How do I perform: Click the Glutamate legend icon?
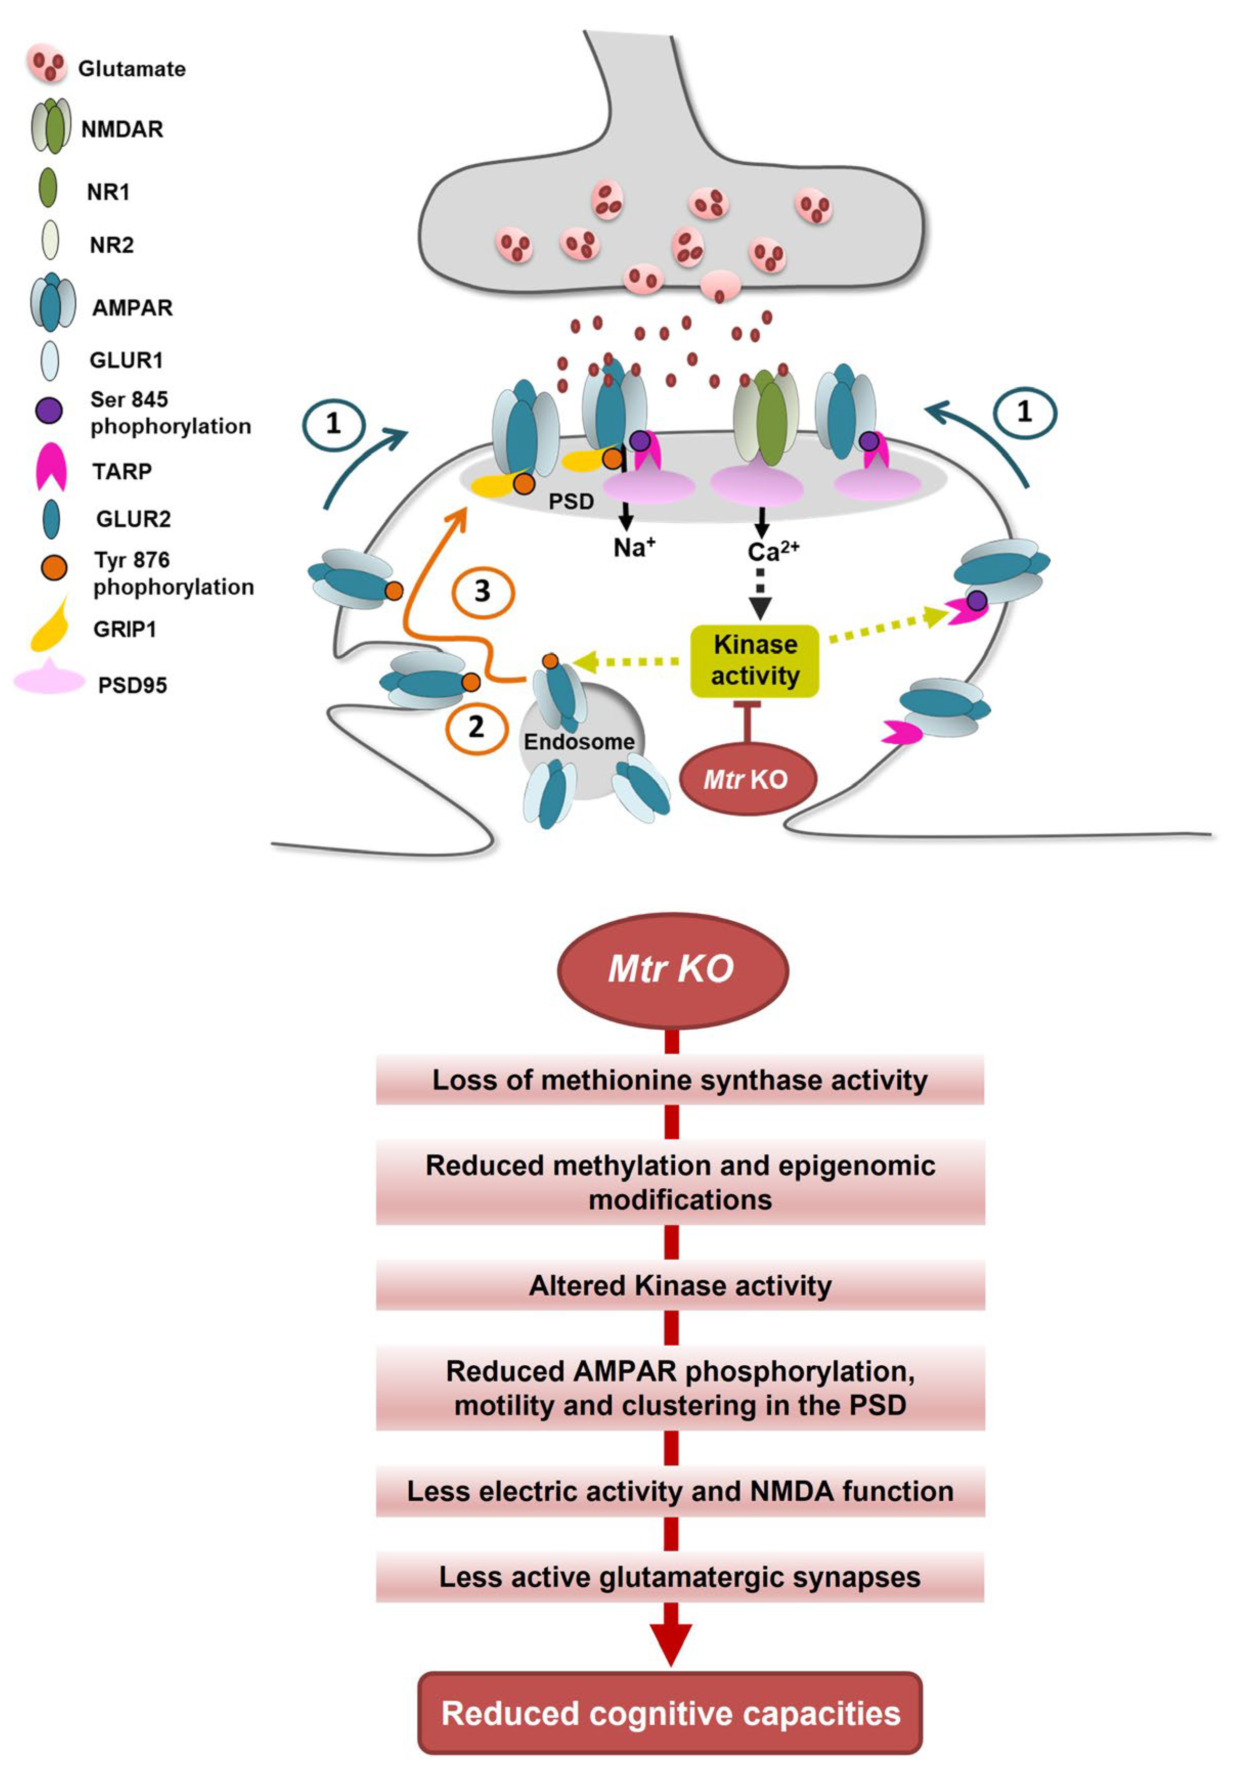point(47,63)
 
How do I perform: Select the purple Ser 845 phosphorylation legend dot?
point(50,410)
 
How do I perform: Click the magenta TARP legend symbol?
point(51,467)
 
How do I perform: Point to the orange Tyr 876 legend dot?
point(53,568)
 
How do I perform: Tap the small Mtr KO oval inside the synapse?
point(747,778)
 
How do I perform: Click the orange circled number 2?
point(476,727)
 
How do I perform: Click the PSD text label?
point(571,501)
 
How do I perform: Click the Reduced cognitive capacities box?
point(670,1714)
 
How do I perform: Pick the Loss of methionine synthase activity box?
point(679,1080)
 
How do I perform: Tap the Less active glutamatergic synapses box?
point(679,1576)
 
